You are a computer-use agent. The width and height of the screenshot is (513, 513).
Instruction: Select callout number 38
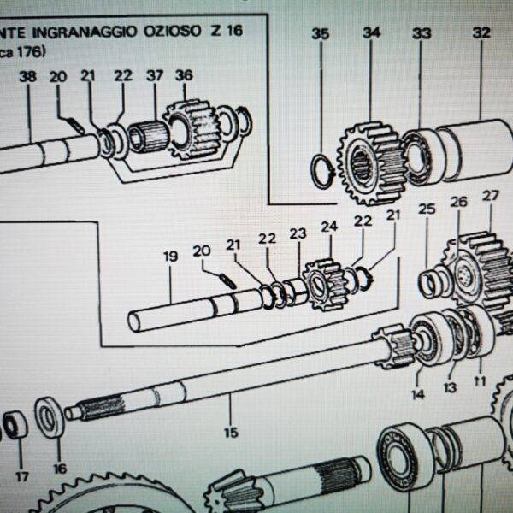[27, 76]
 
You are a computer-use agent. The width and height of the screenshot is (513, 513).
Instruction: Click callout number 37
[154, 75]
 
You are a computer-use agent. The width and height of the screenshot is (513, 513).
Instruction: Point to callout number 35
[320, 34]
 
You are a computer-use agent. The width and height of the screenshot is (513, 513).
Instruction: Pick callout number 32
[481, 33]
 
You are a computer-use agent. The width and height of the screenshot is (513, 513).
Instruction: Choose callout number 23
[297, 233]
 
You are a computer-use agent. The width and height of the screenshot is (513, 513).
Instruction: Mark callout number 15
[230, 433]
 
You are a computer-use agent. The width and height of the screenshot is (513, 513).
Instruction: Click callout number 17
[21, 476]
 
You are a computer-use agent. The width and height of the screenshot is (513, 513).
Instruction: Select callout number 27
[490, 196]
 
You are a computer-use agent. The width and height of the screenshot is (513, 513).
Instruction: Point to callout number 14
[417, 394]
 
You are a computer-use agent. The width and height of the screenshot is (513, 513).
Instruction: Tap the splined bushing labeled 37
[150, 136]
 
